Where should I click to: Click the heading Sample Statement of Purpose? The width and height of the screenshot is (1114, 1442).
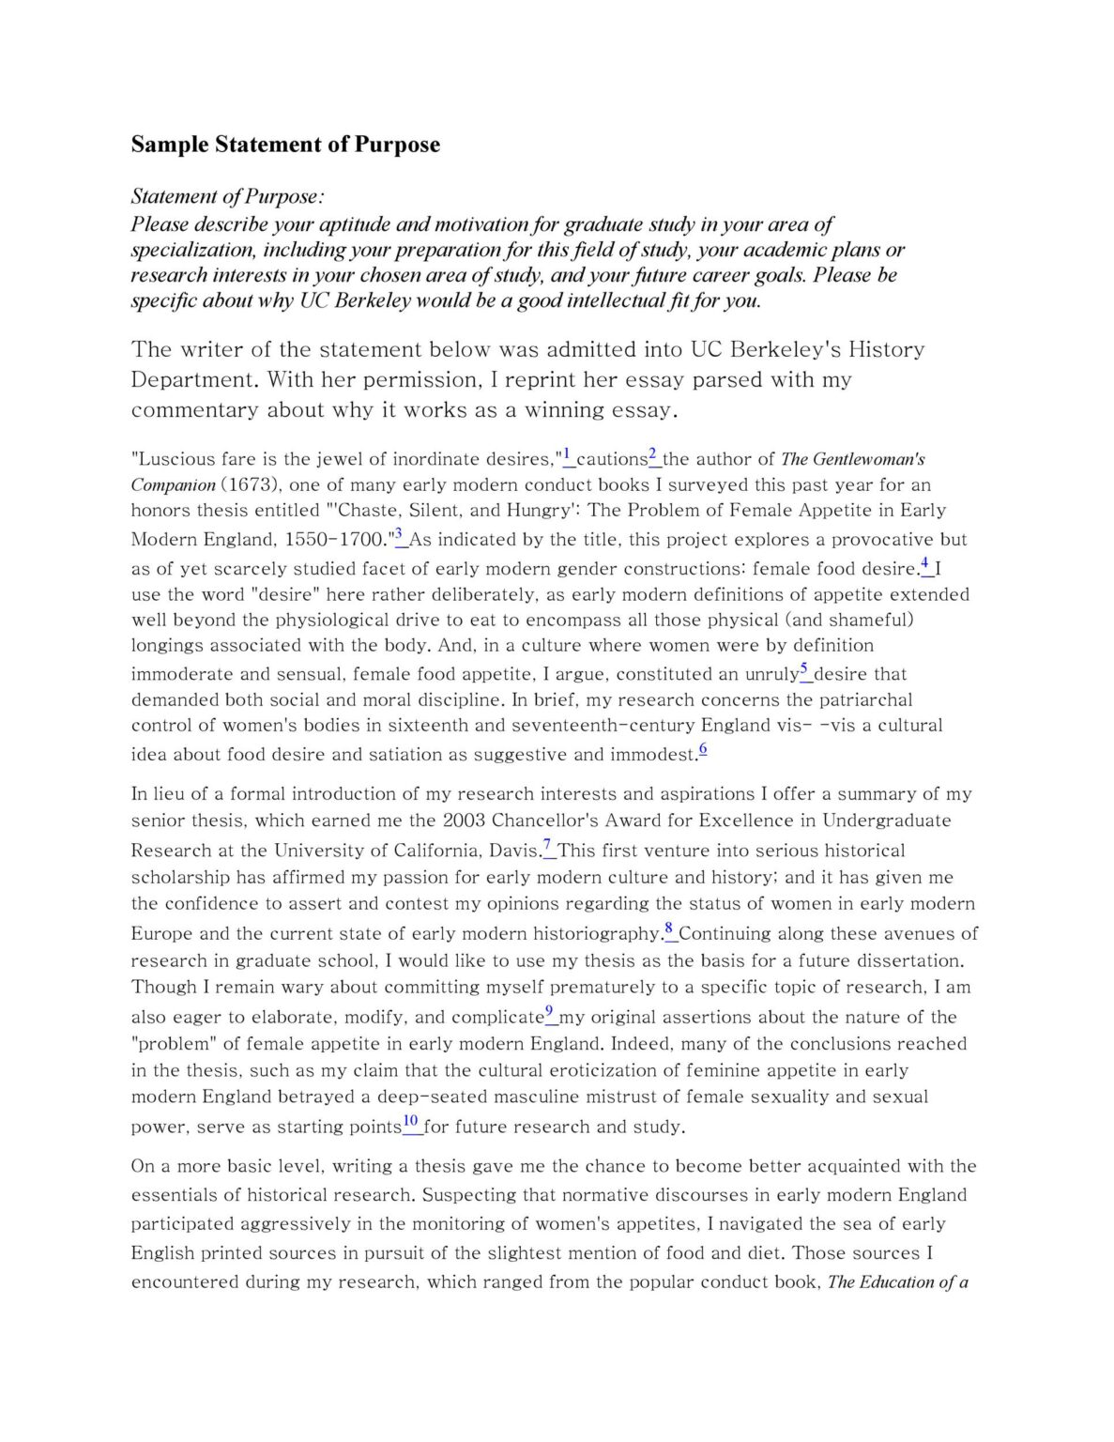coord(285,145)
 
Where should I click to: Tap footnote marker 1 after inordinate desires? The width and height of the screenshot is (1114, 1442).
coord(567,453)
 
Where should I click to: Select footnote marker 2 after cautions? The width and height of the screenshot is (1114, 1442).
coord(653,453)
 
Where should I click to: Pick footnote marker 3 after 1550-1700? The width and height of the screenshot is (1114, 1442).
coord(399,534)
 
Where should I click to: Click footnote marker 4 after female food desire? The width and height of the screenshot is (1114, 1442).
coord(925,563)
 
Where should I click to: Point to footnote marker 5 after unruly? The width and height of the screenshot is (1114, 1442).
coord(804,668)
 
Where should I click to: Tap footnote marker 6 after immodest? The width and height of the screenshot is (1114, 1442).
coord(703,748)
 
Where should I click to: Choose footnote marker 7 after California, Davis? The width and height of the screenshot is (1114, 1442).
coord(547,845)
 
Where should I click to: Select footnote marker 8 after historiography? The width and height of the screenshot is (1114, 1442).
coord(669,928)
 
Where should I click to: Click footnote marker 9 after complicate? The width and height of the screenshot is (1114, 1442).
coord(550,1011)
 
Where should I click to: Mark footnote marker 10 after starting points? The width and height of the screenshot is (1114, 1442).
coord(410,1121)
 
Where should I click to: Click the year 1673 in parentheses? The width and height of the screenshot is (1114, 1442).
coord(249,485)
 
